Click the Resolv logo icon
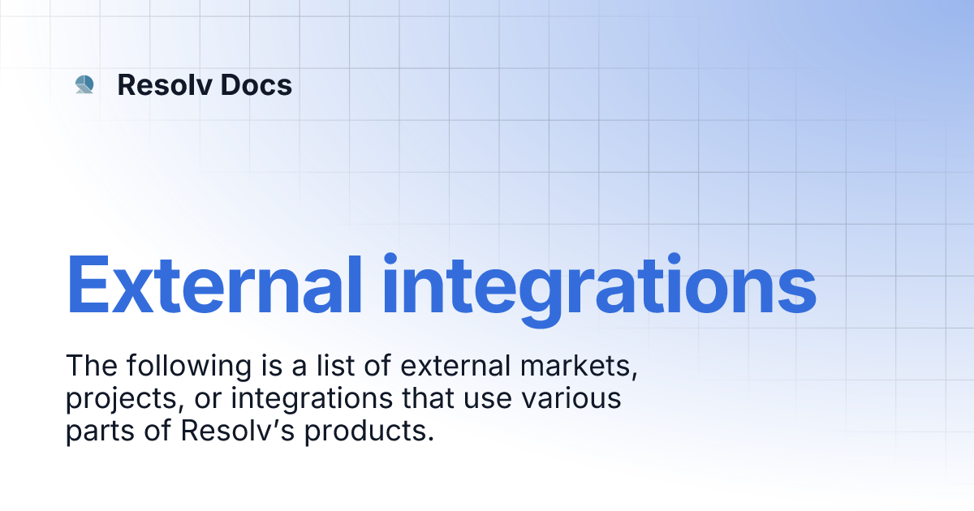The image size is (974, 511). tap(84, 84)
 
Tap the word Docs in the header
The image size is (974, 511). tap(256, 84)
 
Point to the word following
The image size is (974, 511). tap(188, 366)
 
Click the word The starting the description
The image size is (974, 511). tap(91, 366)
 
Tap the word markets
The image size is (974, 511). tap(579, 367)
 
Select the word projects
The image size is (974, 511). tap(125, 400)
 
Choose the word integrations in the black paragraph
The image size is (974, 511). tap(312, 400)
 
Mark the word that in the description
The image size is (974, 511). tap(428, 398)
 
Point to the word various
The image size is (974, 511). tap(571, 398)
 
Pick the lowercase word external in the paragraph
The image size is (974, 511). tap(455, 366)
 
